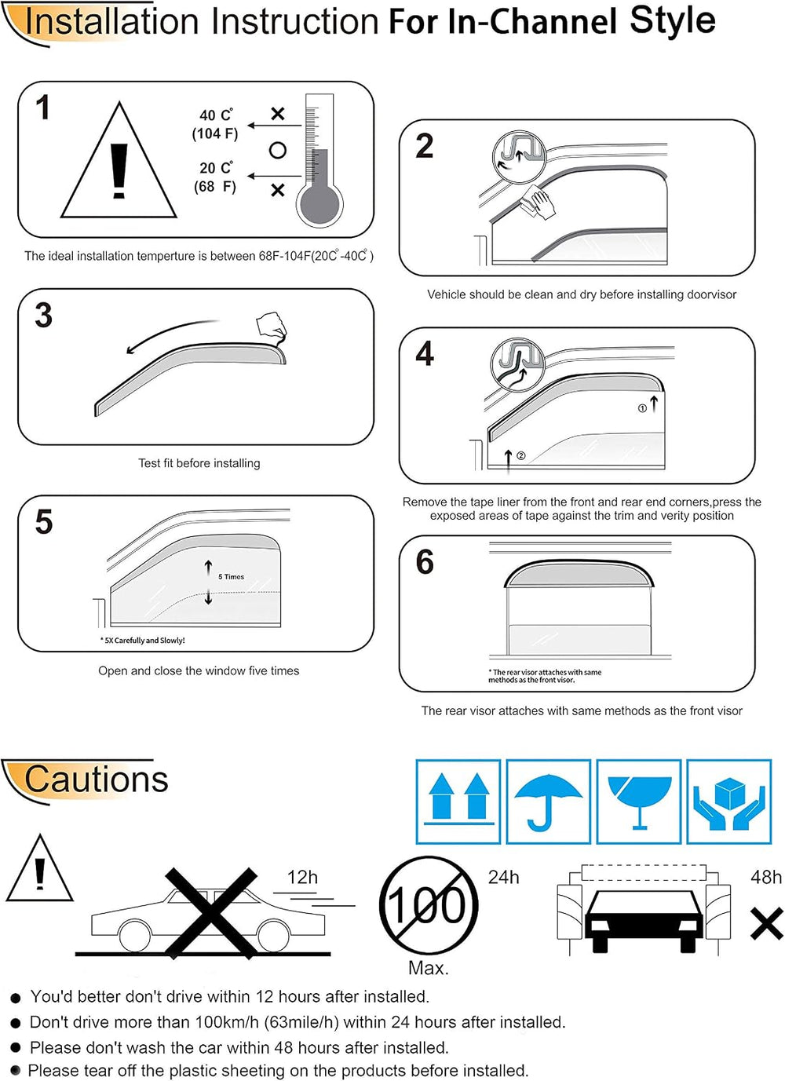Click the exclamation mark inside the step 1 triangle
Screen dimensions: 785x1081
[119, 171]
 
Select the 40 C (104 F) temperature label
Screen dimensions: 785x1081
[215, 125]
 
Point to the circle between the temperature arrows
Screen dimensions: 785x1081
[277, 151]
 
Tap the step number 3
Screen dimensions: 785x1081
[43, 315]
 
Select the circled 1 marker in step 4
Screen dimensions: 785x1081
[641, 408]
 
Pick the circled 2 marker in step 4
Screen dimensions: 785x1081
[520, 455]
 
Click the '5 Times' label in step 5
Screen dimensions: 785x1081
[231, 577]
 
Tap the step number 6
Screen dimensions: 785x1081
[425, 561]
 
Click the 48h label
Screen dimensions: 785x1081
[765, 877]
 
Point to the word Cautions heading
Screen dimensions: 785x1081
[96, 779]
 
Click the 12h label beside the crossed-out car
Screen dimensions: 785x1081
[302, 877]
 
